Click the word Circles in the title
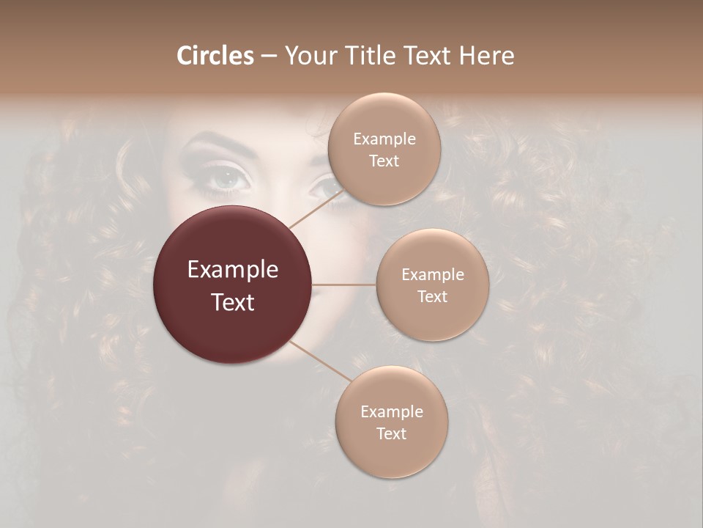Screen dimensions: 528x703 point(215,56)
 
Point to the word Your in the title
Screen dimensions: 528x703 point(308,56)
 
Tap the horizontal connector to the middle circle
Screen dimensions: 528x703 point(344,285)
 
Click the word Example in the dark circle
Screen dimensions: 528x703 point(233,270)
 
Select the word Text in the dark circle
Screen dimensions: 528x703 point(233,302)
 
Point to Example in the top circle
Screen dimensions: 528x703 point(384,139)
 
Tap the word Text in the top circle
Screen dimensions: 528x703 point(384,161)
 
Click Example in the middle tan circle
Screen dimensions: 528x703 point(432,274)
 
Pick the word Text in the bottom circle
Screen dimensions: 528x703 point(391,433)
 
